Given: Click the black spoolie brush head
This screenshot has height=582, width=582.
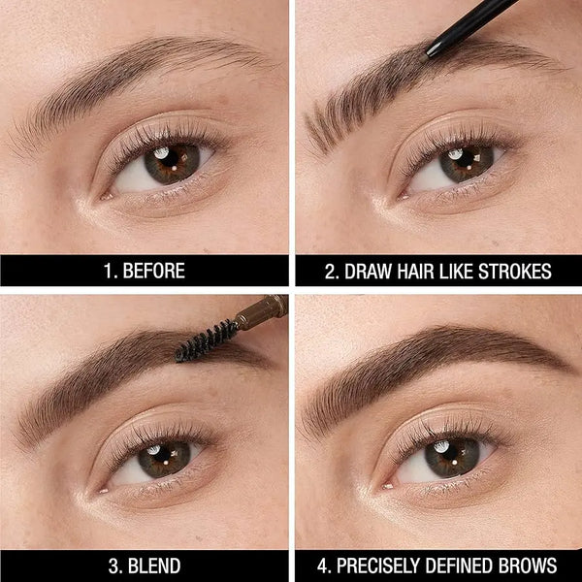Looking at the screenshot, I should pos(206,339).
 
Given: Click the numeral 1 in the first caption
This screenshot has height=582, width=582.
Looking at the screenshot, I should pos(107,271).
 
